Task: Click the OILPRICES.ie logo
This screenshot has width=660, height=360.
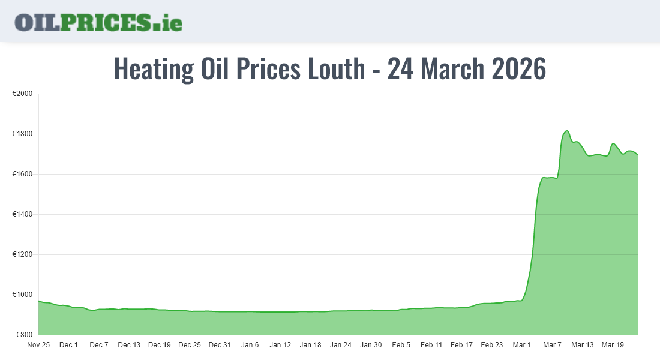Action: (x=98, y=22)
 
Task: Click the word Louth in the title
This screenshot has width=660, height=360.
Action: (x=336, y=69)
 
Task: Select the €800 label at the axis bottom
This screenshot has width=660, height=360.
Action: (x=23, y=335)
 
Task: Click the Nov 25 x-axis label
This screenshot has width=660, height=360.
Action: (x=39, y=345)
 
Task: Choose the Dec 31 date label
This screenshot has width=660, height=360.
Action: (x=220, y=345)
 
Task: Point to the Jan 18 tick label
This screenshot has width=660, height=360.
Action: (x=310, y=345)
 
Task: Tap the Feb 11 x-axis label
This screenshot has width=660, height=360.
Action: (x=431, y=345)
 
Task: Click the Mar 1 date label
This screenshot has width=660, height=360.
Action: (x=521, y=345)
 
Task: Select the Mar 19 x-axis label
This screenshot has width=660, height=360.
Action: (x=612, y=345)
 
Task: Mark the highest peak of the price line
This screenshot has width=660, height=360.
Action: (x=566, y=131)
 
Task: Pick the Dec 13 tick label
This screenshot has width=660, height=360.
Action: (x=129, y=345)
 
